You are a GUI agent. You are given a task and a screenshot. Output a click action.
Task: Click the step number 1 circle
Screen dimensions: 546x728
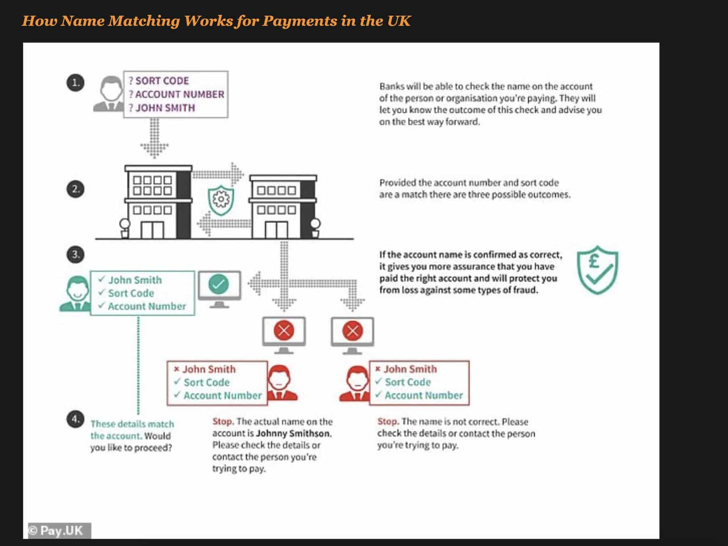point(75,83)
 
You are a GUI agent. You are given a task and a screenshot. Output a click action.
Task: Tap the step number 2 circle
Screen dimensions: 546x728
point(75,189)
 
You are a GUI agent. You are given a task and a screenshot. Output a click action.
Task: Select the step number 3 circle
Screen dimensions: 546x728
point(75,255)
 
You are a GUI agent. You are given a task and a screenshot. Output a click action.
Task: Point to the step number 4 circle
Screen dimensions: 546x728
point(75,419)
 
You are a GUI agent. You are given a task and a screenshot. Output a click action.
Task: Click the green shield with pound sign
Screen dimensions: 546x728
point(597,270)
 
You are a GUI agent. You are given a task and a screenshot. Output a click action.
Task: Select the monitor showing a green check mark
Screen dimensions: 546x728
point(219,289)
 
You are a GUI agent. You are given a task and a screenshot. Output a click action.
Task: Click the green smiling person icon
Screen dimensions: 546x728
point(76,294)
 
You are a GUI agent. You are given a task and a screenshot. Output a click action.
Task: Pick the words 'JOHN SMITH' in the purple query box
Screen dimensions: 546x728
point(165,108)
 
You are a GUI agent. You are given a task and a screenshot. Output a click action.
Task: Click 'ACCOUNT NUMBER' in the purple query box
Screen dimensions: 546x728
point(179,94)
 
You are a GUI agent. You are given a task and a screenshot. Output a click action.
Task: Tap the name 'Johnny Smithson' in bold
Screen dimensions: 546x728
point(293,433)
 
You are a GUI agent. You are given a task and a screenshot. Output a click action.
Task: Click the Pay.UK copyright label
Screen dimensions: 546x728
point(59,531)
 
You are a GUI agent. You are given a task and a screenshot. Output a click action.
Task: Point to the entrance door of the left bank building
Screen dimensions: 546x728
point(152,230)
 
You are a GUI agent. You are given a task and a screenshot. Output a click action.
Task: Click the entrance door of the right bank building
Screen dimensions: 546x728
point(276,230)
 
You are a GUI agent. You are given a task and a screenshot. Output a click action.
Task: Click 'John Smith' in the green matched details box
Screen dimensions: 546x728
point(135,280)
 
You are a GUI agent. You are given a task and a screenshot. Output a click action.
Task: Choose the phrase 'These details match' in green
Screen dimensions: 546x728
point(132,424)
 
